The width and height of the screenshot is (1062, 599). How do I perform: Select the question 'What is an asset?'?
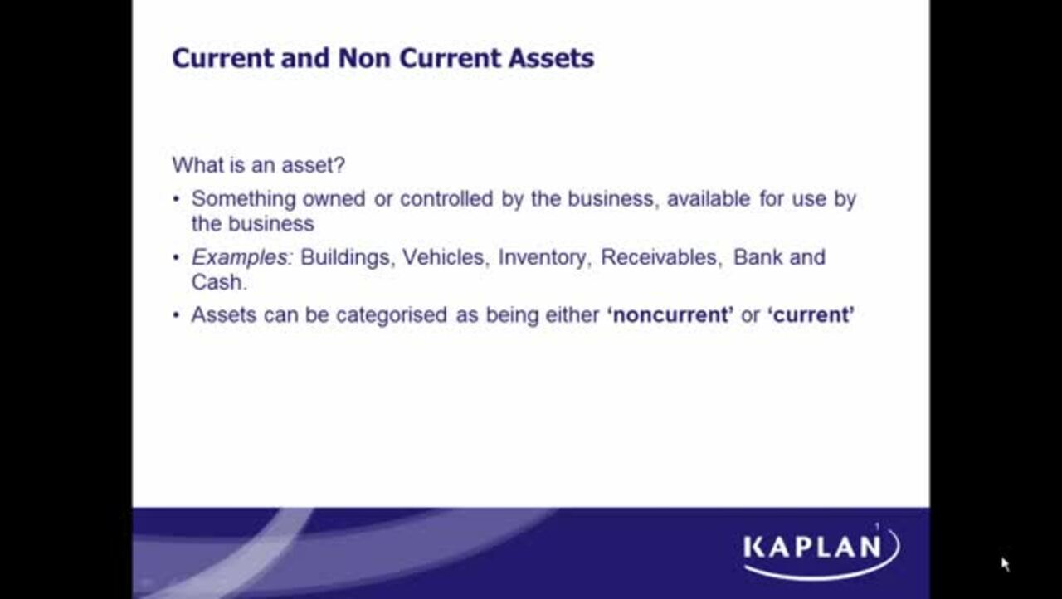pyautogui.click(x=258, y=164)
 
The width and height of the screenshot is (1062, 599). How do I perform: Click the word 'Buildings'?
pyautogui.click(x=345, y=257)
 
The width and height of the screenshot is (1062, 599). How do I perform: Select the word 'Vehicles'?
pyautogui.click(x=444, y=257)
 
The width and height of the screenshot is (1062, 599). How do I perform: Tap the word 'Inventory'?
pyautogui.click(x=544, y=257)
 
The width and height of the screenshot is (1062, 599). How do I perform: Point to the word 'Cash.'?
pyautogui.click(x=219, y=282)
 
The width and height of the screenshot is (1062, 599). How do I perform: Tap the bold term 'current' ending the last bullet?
pyautogui.click(x=811, y=315)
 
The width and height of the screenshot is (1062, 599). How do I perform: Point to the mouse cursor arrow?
pyautogui.click(x=1004, y=563)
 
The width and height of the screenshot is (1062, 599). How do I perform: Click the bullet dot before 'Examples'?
pyautogui.click(x=176, y=258)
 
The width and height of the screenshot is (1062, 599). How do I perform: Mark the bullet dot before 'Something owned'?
pyautogui.click(x=176, y=200)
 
